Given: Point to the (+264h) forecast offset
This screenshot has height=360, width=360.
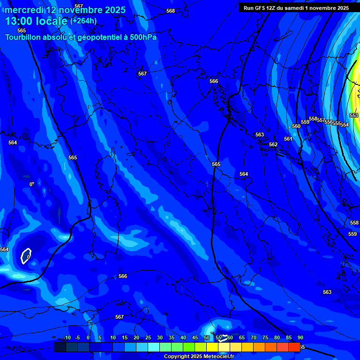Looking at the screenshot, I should (x=83, y=21).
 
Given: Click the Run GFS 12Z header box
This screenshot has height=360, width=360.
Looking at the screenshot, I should (x=296, y=8).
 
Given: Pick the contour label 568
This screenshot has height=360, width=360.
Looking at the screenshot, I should (x=171, y=11).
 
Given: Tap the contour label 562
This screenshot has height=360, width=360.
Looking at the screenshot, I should (x=273, y=144).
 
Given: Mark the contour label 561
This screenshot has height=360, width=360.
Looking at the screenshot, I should (x=288, y=139).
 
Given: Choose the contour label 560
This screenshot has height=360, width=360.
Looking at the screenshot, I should (x=296, y=126).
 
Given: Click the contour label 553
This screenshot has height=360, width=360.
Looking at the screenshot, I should (x=354, y=115).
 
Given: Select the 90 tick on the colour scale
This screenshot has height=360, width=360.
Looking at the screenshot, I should (x=300, y=337).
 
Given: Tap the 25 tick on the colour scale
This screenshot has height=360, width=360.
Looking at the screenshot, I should (x=148, y=337).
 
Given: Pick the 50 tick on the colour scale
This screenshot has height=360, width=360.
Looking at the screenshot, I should (x=207, y=337).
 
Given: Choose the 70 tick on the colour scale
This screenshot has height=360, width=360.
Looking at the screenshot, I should (x=254, y=337).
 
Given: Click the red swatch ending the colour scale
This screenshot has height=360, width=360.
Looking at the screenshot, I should (x=294, y=347).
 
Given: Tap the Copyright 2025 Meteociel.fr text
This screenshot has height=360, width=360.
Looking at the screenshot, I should (x=199, y=357).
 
